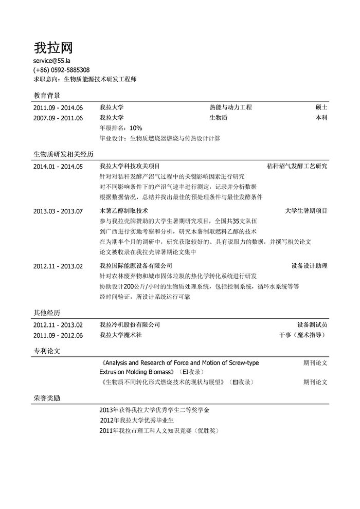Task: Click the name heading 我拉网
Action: [x=53, y=48]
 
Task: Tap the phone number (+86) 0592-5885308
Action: [x=61, y=70]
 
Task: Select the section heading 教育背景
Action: [x=47, y=96]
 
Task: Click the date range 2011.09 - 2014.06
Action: [x=58, y=108]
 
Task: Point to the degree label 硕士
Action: [x=321, y=108]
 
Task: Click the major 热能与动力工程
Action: [x=230, y=108]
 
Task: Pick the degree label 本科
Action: [x=321, y=118]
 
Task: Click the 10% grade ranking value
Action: [x=136, y=128]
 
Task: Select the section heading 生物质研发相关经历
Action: [x=63, y=154]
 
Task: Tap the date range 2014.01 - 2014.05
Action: [x=58, y=167]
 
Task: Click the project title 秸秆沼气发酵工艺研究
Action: [x=297, y=167]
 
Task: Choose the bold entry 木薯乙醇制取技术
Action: [x=124, y=211]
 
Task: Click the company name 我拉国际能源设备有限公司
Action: [x=136, y=266]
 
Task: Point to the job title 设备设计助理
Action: [x=309, y=266]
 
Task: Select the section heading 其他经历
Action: [x=47, y=313]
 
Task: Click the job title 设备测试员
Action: [x=312, y=325]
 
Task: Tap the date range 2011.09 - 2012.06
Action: [x=58, y=335]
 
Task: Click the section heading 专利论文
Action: [x=47, y=351]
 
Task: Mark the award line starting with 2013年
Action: [x=154, y=410]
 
